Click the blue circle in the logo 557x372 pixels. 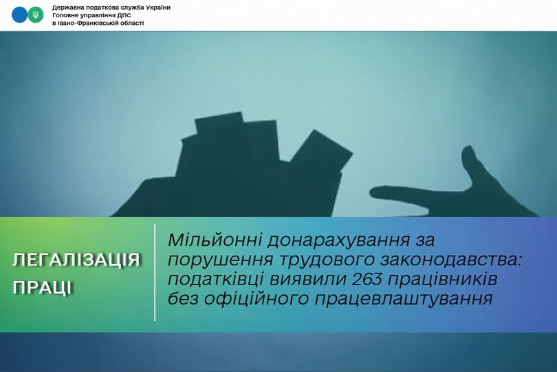[19, 14]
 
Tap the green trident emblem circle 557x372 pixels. [36, 14]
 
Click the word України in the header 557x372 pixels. [154, 7]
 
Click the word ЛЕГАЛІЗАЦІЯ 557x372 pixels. [76, 260]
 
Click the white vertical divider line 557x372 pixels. [155, 272]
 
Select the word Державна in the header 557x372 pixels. [69, 7]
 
